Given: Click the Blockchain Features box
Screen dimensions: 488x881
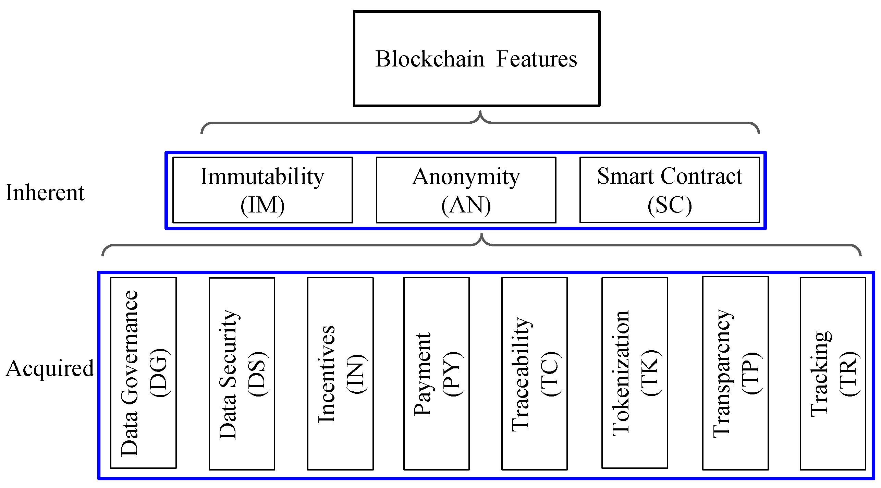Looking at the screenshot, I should [476, 59].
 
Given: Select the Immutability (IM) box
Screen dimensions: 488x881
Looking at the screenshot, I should [262, 190].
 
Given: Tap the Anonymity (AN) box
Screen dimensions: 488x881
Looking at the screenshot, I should [466, 190].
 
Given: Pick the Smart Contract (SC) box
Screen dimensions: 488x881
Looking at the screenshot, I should [669, 190].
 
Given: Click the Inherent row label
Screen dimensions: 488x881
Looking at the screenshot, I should [45, 193].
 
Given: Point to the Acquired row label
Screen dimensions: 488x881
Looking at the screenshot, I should [50, 368].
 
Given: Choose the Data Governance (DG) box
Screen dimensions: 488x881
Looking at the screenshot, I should [143, 373].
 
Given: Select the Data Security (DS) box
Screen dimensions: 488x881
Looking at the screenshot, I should [242, 374].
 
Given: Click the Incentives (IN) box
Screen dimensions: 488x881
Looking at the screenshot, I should [340, 374].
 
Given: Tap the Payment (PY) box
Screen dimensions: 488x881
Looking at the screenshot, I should [436, 374].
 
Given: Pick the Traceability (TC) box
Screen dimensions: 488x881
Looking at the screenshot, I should [534, 374].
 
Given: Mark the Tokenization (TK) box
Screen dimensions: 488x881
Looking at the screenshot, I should [635, 373].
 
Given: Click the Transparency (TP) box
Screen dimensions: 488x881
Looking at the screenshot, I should [735, 373].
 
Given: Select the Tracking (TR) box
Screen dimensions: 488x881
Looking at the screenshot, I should [833, 374].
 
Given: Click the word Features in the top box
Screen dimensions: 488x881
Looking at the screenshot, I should [537, 59].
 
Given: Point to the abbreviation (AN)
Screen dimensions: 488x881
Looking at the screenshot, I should [466, 206].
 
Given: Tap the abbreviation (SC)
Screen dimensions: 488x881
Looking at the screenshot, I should [670, 206].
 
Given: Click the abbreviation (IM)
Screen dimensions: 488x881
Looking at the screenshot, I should [262, 206].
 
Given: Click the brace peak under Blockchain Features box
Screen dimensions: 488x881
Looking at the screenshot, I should [480, 113].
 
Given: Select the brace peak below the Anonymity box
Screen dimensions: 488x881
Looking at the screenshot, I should [481, 235].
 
